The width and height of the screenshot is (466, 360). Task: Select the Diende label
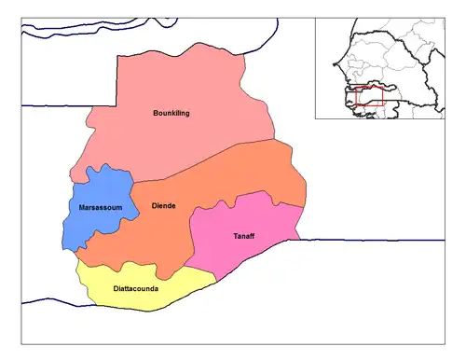(163, 205)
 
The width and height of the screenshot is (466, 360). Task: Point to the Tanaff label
(241, 236)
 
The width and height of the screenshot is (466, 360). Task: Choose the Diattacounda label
(135, 289)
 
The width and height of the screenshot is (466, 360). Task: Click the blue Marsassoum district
(98, 224)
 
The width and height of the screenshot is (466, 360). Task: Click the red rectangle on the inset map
(370, 97)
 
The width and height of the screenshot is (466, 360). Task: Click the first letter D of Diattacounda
(115, 289)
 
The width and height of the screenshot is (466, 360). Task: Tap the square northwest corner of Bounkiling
(117, 57)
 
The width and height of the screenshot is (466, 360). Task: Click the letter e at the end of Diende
(173, 205)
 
